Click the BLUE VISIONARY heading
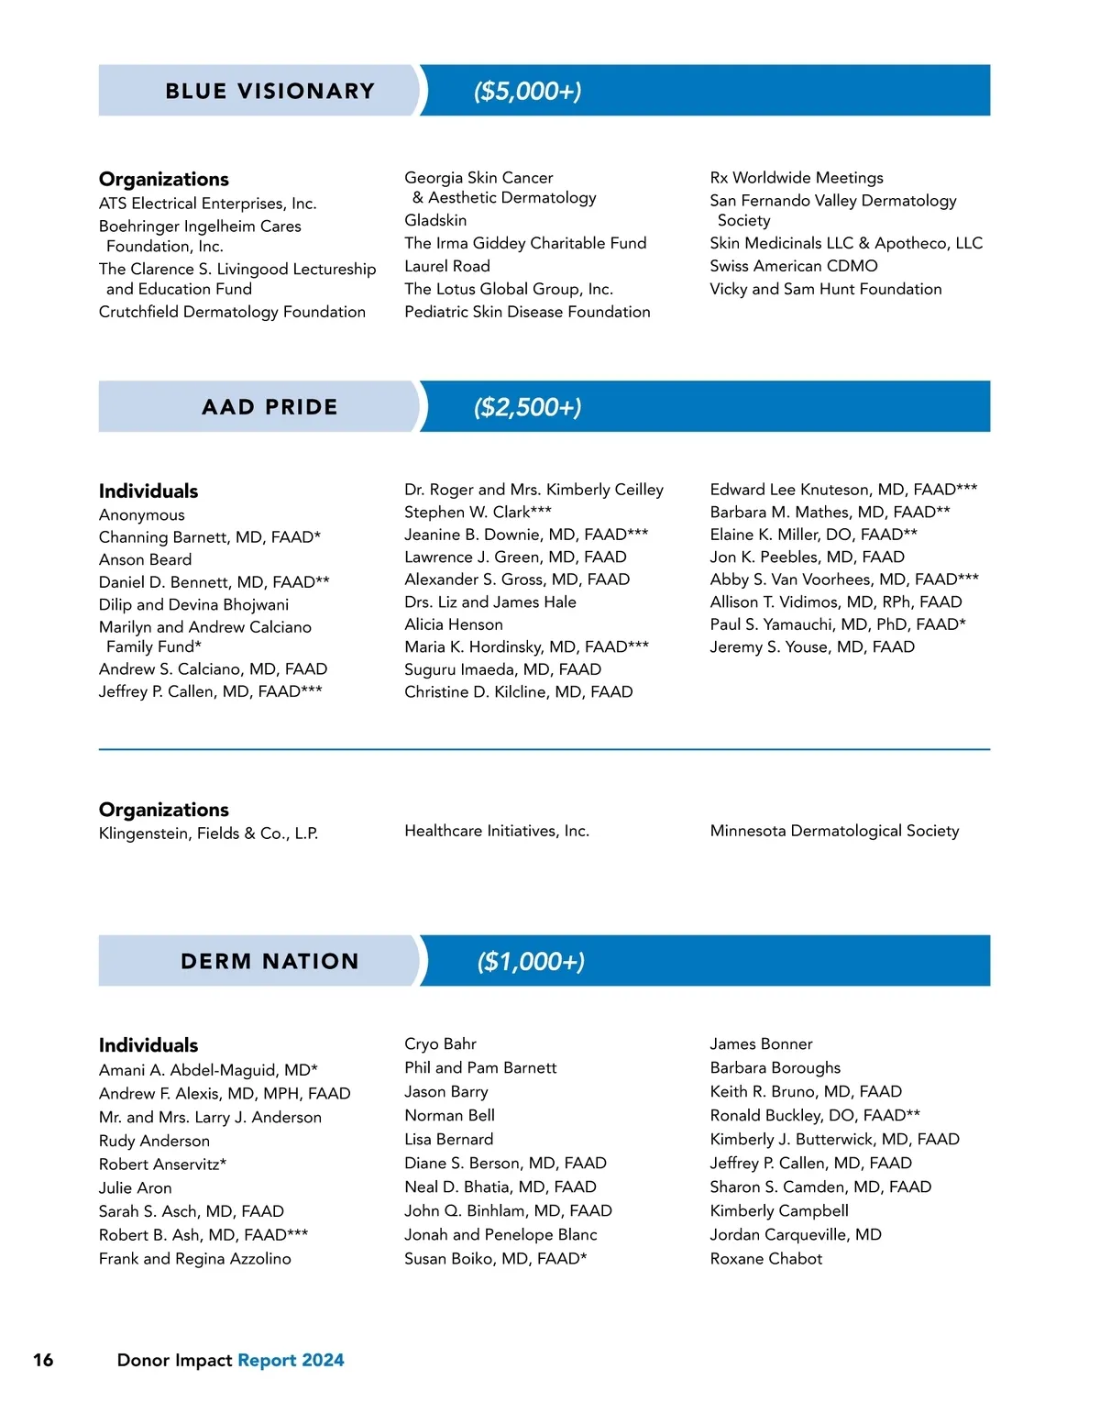269,91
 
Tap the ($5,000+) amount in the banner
527,91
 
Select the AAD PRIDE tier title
269,407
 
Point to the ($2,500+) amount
527,407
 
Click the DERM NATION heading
269,961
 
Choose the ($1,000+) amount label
531,961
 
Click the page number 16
43,1360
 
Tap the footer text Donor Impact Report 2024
230,1360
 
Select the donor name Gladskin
435,220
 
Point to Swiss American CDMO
793,266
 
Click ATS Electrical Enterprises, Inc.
207,204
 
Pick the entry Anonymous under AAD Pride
141,515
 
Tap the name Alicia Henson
453,624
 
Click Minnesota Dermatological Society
834,831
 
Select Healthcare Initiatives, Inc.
496,831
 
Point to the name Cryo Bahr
440,1044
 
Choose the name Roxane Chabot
765,1259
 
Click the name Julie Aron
135,1187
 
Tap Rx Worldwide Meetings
796,178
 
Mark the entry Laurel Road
446,266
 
